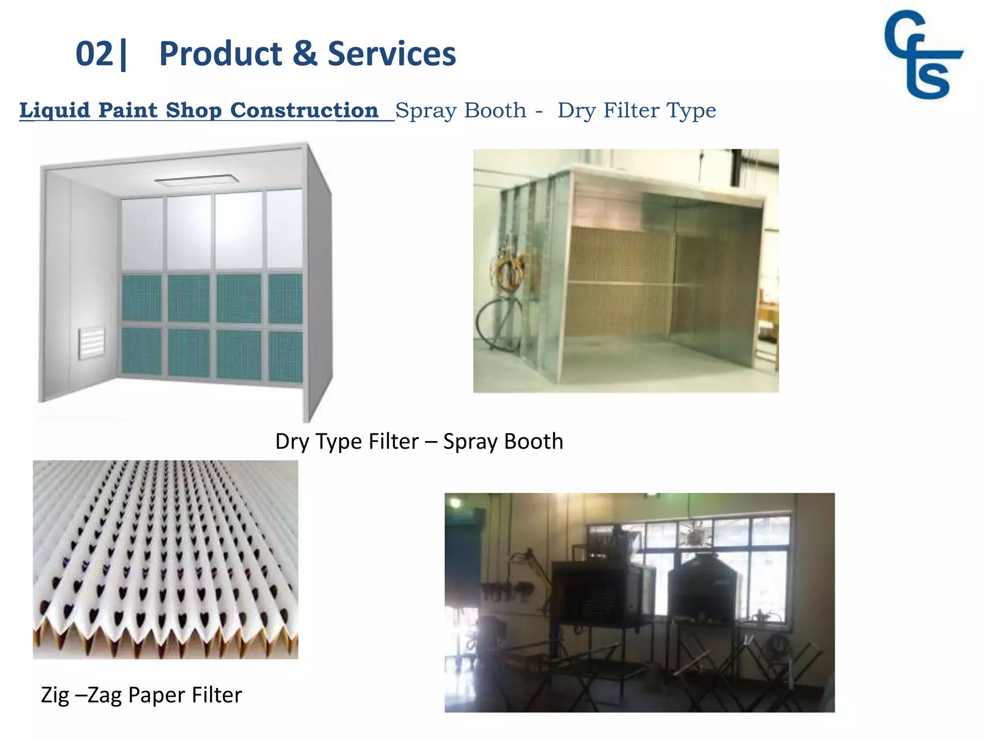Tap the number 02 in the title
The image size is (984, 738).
[x=94, y=54]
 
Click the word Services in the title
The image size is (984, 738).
[x=392, y=54]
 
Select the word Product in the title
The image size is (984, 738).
[x=221, y=54]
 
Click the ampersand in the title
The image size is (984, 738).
[x=305, y=54]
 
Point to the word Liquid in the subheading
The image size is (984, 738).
[x=55, y=111]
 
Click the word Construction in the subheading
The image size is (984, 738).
[x=304, y=111]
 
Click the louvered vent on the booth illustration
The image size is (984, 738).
[x=92, y=343]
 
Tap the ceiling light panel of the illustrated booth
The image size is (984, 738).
[x=197, y=180]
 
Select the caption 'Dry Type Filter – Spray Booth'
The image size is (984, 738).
[x=419, y=441]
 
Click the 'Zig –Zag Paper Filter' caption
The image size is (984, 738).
[x=141, y=695]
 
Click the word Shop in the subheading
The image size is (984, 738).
[x=193, y=111]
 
